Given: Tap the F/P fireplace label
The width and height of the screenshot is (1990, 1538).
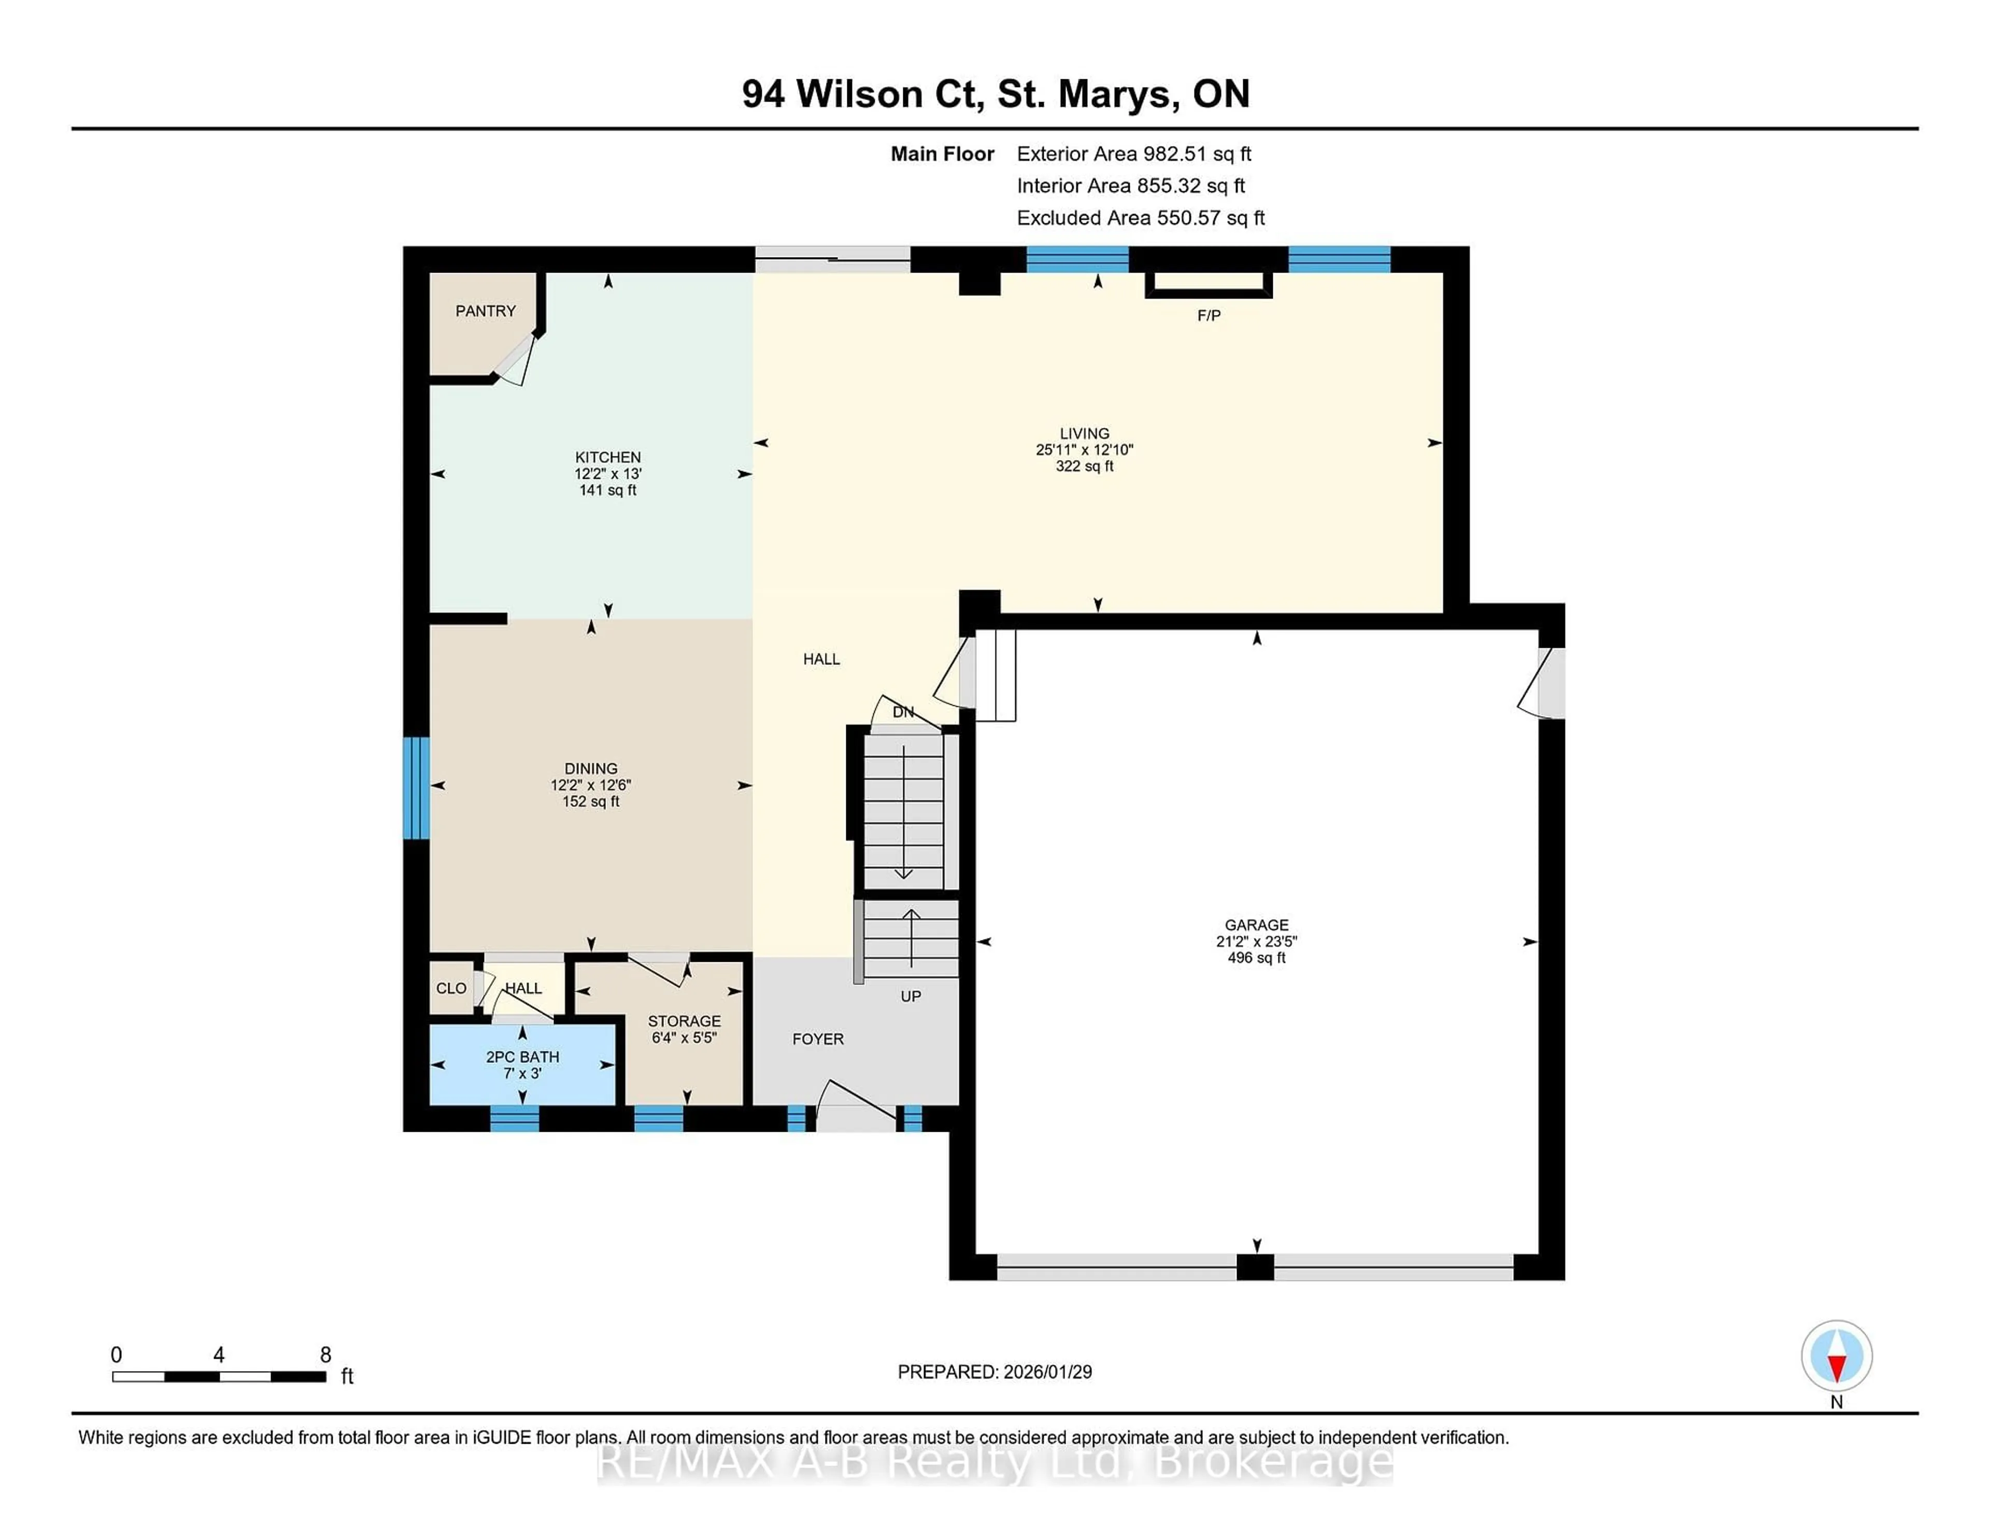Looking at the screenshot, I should click(x=1208, y=315).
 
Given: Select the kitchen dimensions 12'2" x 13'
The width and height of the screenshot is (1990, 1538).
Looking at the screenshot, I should click(x=608, y=474).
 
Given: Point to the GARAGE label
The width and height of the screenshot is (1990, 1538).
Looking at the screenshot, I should click(x=1257, y=925).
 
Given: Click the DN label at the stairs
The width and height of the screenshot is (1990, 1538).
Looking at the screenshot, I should click(x=903, y=711).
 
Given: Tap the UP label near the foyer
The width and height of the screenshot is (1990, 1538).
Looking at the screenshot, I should click(x=910, y=996).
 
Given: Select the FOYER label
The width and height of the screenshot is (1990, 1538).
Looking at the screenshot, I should click(x=817, y=1038).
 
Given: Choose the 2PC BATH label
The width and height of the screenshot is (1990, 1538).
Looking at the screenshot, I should click(x=522, y=1057).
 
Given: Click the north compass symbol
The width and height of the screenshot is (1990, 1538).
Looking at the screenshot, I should click(x=1836, y=1356).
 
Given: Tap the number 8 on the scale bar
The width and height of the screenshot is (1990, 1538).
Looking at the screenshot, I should click(x=325, y=1355).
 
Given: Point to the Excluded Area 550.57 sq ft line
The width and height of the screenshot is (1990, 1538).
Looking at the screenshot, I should click(x=1140, y=218).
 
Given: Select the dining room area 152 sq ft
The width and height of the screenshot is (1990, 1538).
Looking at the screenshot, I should click(x=590, y=802).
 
